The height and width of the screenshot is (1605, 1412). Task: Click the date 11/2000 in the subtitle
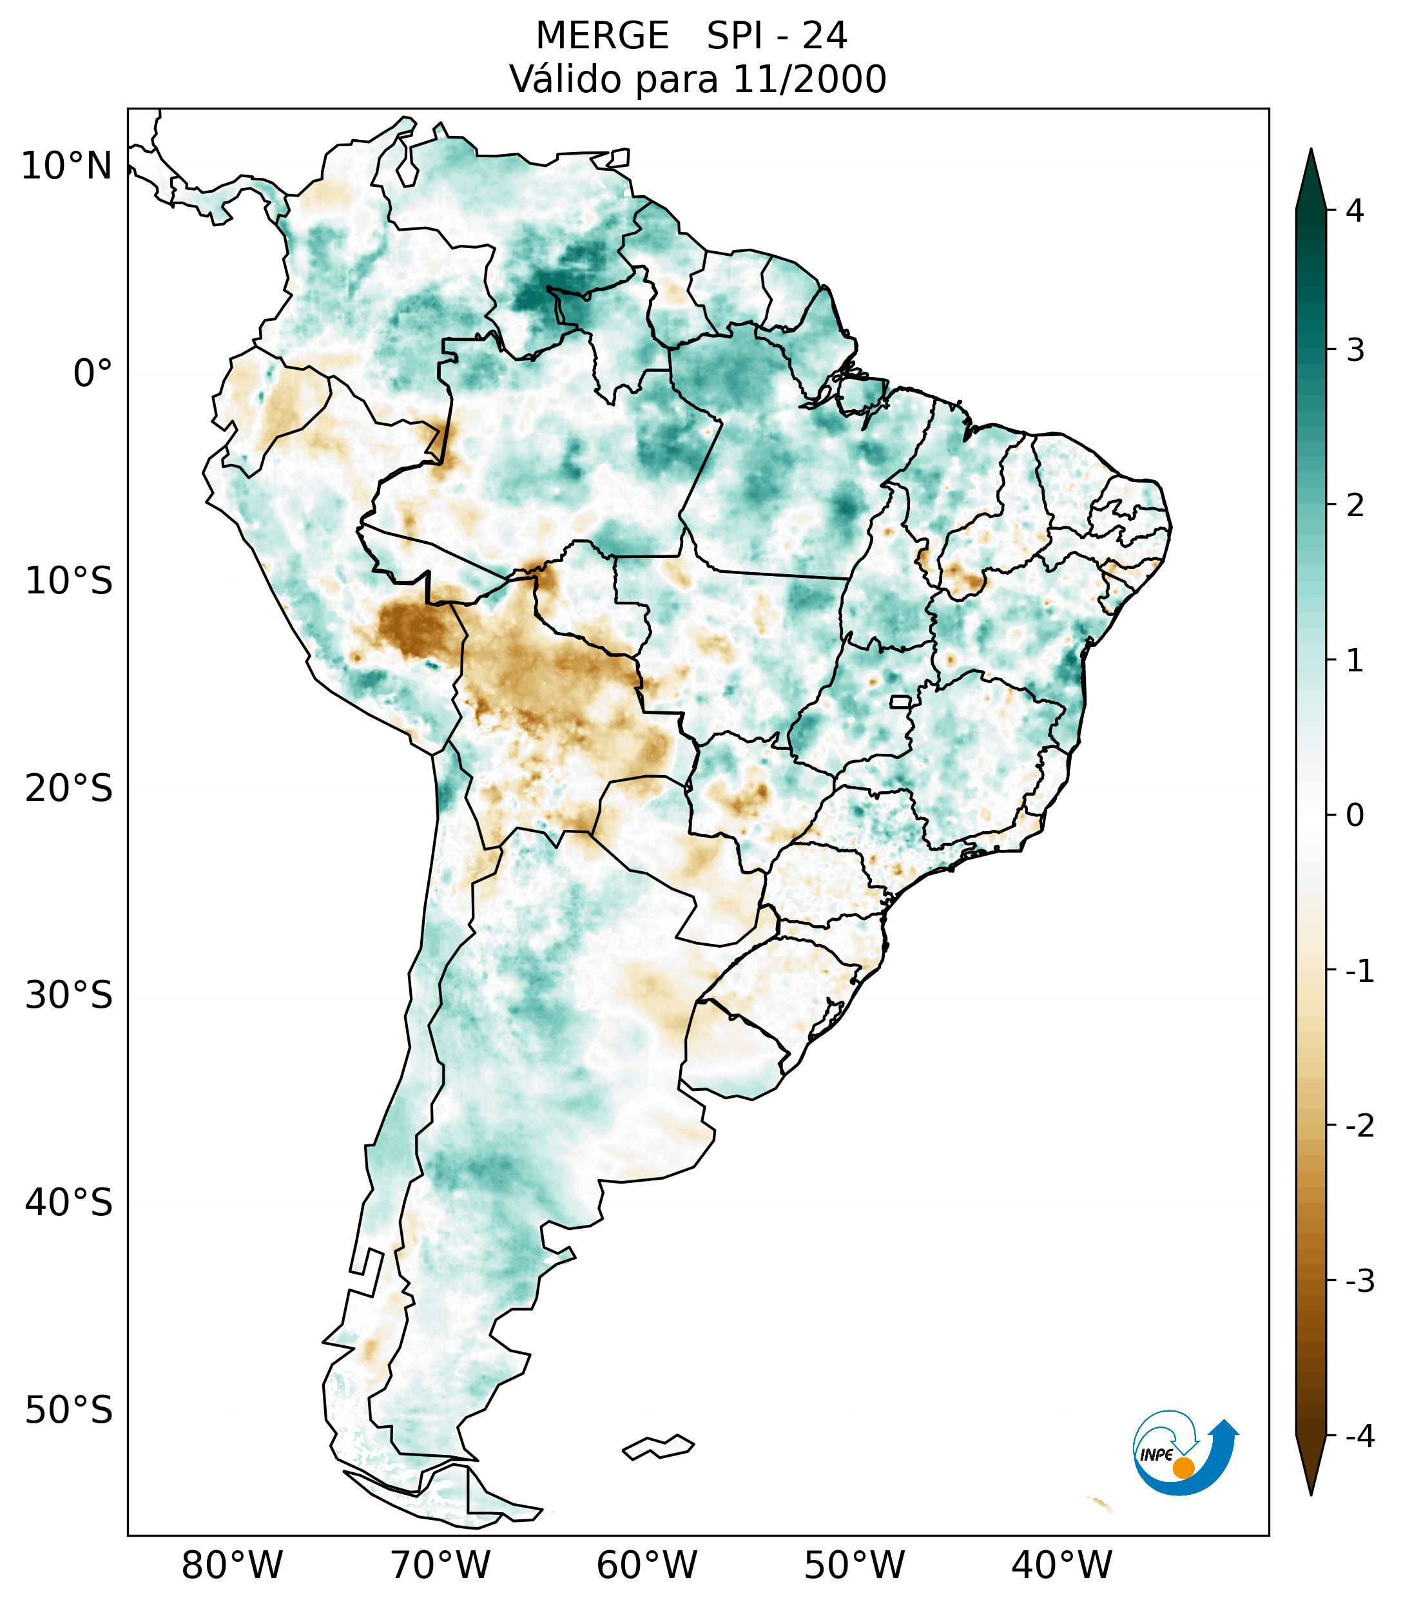(x=809, y=79)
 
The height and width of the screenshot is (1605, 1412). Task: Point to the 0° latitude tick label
(x=93, y=374)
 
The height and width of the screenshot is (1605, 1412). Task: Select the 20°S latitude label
(x=69, y=789)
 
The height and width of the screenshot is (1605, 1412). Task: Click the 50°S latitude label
(x=69, y=1411)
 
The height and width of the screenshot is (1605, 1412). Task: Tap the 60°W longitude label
(x=646, y=1566)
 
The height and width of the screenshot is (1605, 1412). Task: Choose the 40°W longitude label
(x=1061, y=1566)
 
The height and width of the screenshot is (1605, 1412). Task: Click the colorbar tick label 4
(x=1355, y=211)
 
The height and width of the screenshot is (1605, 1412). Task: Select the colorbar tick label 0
(x=1355, y=816)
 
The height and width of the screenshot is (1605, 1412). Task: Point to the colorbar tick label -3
(x=1359, y=1282)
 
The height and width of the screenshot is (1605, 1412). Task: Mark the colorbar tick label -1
(x=1359, y=972)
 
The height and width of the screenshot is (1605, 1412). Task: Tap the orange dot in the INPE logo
(x=1183, y=1468)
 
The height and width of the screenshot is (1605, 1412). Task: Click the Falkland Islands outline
(x=658, y=1446)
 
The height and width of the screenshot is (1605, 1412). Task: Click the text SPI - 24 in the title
(x=777, y=36)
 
